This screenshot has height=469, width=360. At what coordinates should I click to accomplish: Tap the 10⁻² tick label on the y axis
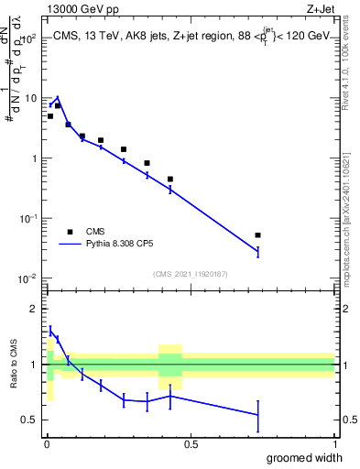coord(28,278)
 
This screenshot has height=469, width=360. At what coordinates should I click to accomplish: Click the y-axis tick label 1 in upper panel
coord(34,158)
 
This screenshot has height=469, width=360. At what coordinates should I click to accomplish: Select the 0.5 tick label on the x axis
coord(191,444)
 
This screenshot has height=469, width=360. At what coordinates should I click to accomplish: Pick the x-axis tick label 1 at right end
coord(334,444)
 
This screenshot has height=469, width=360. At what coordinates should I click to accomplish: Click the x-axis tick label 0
coord(46,444)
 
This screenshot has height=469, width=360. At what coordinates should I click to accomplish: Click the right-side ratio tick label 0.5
coord(348,420)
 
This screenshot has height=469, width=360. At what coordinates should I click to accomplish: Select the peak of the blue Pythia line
coord(58,97)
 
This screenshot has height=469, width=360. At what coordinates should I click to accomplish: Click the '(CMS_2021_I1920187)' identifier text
coord(190,274)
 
